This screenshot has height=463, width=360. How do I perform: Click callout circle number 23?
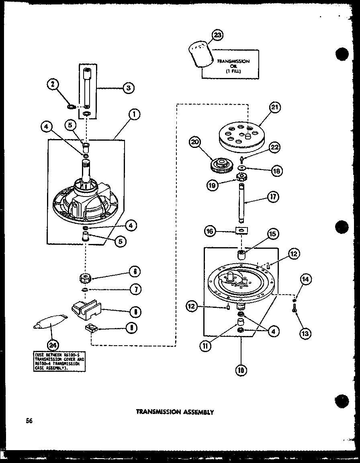point(217,36)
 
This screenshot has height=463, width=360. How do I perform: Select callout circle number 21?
point(275,108)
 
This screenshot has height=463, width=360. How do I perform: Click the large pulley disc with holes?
point(241,136)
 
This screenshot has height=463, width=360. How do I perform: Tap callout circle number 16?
point(209,231)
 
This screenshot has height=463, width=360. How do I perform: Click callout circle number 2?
point(52,84)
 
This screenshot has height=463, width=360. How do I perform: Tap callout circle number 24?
point(53,344)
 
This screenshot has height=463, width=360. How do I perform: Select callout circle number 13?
point(305,333)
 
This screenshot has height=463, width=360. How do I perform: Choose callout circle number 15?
point(273,234)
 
